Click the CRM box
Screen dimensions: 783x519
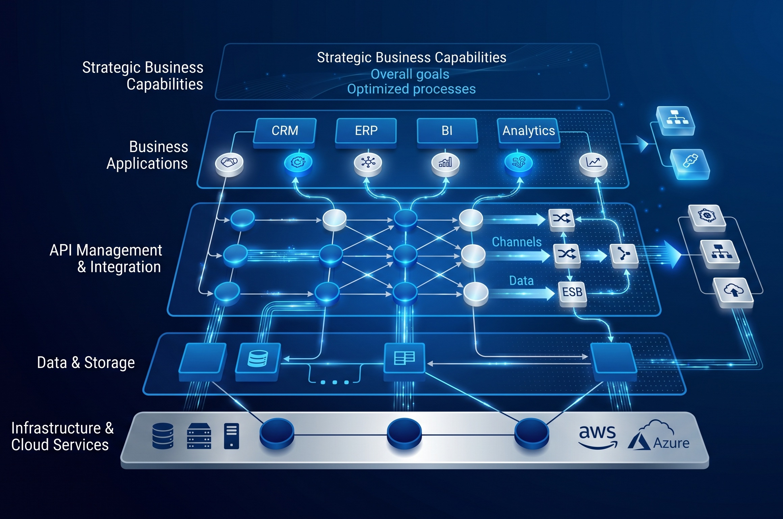(285, 132)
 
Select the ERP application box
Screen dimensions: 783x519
(366, 132)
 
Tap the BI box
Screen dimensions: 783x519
(447, 132)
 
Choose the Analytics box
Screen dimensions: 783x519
(529, 132)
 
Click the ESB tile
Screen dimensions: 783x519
(573, 293)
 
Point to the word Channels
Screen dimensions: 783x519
(517, 242)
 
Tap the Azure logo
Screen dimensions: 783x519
(658, 436)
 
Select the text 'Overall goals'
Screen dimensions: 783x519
(410, 74)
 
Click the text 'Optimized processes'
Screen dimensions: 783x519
(411, 89)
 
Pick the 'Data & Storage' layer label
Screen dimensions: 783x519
(86, 363)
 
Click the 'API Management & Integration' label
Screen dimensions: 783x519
(106, 258)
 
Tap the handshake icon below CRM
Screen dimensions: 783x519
(229, 164)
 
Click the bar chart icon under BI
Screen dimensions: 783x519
(445, 164)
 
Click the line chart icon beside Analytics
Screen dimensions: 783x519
(593, 164)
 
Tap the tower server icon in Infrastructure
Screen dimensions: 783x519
(231, 436)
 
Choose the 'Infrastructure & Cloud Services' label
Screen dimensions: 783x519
(62, 437)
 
